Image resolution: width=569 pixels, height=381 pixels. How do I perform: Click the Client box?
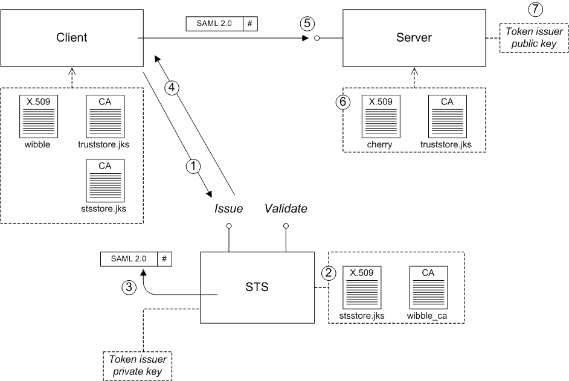point(71,37)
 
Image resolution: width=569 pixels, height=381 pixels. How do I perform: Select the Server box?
point(414,37)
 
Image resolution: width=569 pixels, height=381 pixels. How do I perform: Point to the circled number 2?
point(328,273)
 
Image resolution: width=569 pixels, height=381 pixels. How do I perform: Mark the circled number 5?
point(307,24)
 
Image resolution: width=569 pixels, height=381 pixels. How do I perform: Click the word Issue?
point(229,209)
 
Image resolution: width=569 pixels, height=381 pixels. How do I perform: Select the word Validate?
point(286,209)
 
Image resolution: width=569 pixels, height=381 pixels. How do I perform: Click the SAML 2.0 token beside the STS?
point(136,258)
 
